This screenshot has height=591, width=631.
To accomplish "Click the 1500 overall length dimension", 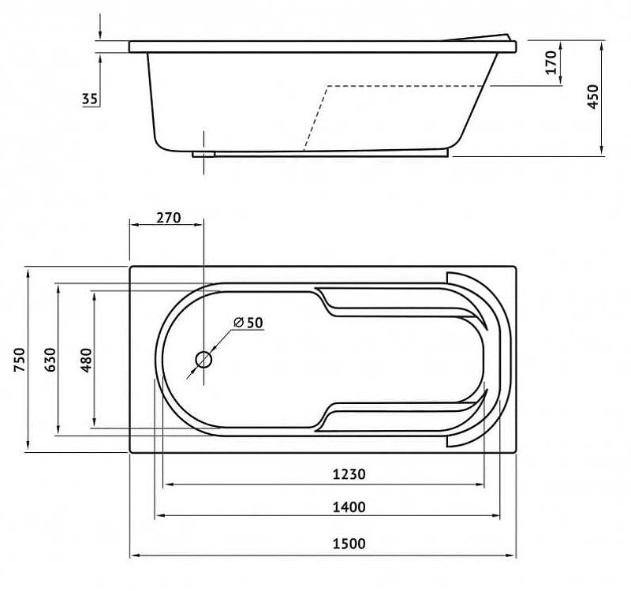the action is [349, 544].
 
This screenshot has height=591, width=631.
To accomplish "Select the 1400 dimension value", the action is [349, 507].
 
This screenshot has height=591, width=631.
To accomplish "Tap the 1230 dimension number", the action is [349, 474].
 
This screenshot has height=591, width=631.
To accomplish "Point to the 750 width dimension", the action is [19, 360].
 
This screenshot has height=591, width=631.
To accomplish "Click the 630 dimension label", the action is [50, 360].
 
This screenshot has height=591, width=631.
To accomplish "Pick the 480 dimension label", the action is [86, 360].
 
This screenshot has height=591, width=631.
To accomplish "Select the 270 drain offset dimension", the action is [169, 218].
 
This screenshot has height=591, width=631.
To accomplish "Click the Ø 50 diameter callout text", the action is [248, 322].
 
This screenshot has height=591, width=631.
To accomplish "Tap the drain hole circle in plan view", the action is [203, 360].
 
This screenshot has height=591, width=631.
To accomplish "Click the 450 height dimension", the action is [593, 96].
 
